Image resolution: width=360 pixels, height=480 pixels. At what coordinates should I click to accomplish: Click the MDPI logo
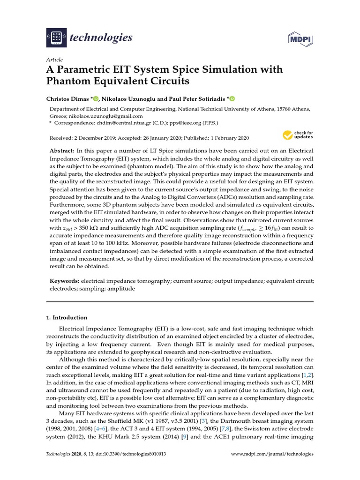point(300,37)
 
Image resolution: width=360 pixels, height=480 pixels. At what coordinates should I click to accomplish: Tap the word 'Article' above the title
point(54,60)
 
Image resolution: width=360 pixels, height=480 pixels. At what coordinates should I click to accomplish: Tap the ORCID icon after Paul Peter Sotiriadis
point(231,98)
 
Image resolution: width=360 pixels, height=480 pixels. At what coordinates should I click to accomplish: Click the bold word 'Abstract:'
point(62,150)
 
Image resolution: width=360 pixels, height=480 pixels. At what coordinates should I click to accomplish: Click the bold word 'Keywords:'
point(65,281)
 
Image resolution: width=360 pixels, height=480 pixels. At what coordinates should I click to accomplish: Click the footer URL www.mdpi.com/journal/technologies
point(273,454)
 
